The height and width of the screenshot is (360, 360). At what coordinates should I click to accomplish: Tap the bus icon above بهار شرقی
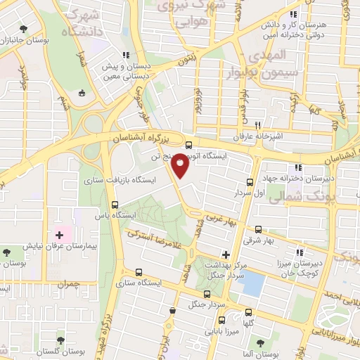point(258,229)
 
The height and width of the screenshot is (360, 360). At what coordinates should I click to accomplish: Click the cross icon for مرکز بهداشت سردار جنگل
point(225,254)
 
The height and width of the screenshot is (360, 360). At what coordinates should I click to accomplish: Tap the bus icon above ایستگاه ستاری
point(138,271)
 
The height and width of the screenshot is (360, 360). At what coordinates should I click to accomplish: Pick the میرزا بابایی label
point(221,328)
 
